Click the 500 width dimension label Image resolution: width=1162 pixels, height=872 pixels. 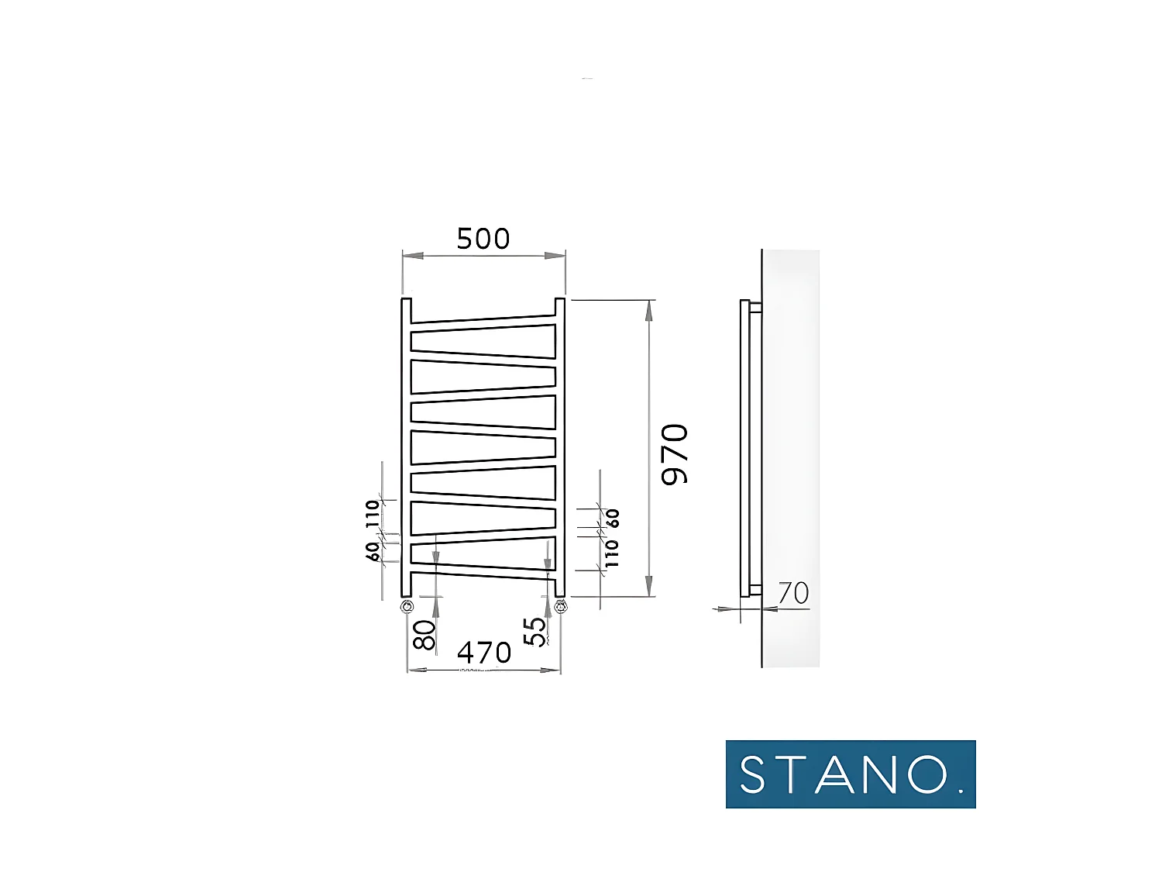click(483, 239)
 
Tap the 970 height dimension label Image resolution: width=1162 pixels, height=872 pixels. click(675, 455)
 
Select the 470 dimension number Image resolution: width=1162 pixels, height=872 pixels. click(484, 653)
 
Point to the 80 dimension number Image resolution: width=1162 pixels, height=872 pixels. click(425, 635)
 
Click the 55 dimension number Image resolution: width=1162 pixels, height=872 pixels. click(535, 632)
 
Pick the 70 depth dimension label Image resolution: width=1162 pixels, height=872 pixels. click(793, 594)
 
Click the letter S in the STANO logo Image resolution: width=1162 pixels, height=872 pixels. click(752, 774)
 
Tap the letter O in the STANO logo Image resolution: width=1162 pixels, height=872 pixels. click(927, 774)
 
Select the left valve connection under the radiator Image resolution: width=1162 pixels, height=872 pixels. click(407, 606)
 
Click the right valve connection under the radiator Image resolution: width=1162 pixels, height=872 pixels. click(560, 606)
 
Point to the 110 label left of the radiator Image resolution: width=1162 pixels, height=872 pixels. click(373, 514)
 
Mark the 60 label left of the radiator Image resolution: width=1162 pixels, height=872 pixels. click(373, 551)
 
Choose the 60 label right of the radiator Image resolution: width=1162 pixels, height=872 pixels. click(613, 519)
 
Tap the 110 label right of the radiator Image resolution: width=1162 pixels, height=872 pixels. click(613, 553)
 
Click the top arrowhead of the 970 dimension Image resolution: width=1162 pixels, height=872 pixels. click(648, 309)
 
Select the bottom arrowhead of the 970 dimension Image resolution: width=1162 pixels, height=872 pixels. click(648, 587)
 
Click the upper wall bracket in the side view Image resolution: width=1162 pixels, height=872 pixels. click(755, 308)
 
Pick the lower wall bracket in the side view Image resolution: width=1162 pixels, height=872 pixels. click(755, 590)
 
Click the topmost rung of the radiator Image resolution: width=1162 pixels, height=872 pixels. click(483, 319)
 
